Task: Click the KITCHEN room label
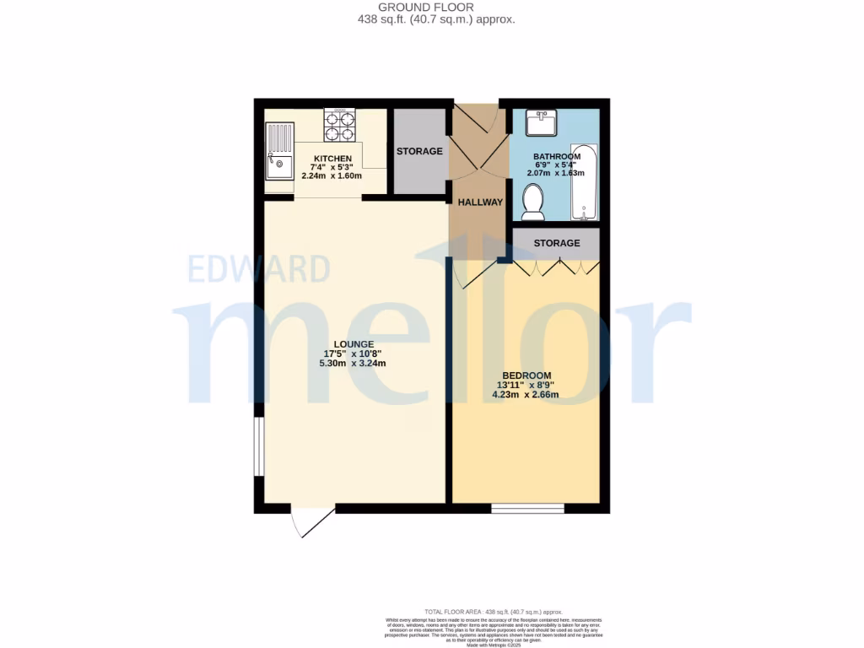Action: coord(332,159)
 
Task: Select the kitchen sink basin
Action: coord(278,165)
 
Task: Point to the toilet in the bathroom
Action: coord(532,202)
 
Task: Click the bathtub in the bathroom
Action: coord(584,183)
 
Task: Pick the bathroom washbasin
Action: coord(540,123)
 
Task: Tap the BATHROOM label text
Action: coord(556,157)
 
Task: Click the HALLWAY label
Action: coord(480,202)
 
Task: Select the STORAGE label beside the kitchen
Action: coord(419,152)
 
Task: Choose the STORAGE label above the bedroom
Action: coord(557,243)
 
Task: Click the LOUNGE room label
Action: coord(354,343)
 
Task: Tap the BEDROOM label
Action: coord(526,375)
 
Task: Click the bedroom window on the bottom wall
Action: coord(527,508)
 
